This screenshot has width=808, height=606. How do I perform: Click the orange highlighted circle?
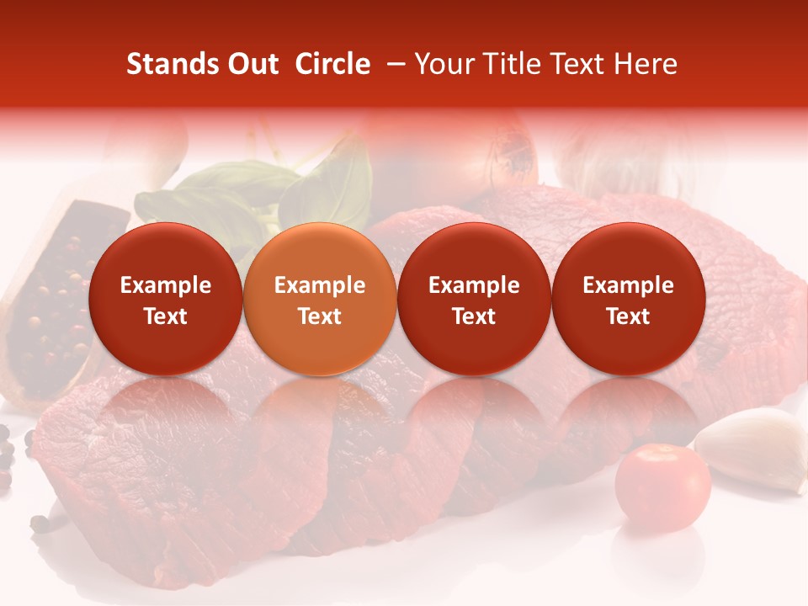tap(319, 299)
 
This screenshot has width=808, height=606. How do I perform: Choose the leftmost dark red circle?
tap(165, 299)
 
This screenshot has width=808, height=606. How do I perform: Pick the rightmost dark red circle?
tap(628, 299)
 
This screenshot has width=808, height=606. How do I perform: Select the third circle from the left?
tap(474, 299)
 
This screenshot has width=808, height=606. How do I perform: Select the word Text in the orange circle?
tap(320, 316)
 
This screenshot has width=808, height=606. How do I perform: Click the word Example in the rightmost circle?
tap(628, 285)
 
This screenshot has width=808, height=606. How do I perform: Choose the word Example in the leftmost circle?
tap(165, 285)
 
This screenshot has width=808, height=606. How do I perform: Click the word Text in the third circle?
tap(474, 316)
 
